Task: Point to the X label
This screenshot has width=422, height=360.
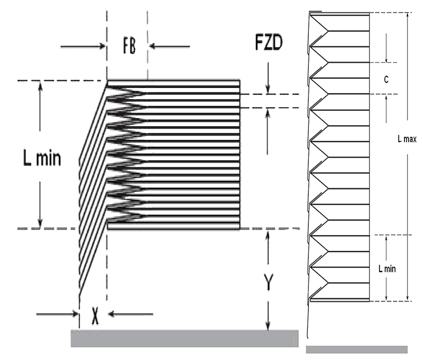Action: [x=95, y=316]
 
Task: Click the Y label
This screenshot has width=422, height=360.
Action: [x=269, y=282]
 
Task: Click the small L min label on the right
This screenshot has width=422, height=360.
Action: [x=387, y=268]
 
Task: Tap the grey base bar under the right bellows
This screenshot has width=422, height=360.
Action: [x=356, y=349]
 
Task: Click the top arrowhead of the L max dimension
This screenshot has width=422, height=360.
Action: [x=407, y=15]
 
